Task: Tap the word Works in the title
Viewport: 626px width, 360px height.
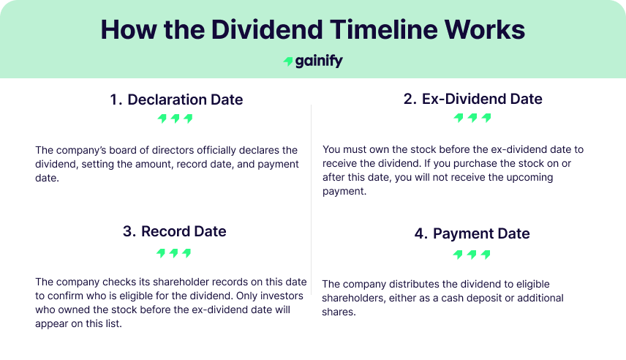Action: tap(489, 29)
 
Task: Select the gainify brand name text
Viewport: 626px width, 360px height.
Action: tap(320, 61)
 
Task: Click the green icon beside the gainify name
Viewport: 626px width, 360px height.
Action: tap(288, 62)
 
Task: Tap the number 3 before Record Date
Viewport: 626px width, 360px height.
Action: tap(129, 231)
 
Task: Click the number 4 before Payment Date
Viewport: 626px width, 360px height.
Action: tap(421, 234)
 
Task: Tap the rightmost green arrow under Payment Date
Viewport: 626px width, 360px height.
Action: tap(486, 255)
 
